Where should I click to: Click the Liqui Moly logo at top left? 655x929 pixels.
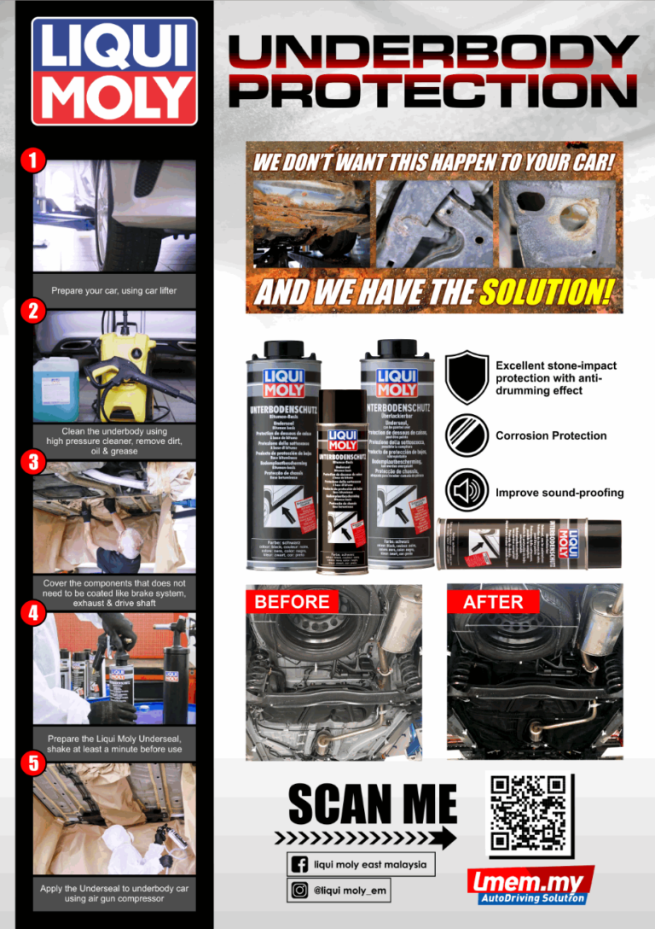pyautogui.click(x=114, y=71)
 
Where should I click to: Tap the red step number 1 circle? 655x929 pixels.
pyautogui.click(x=32, y=160)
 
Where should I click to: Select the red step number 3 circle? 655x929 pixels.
pyautogui.click(x=32, y=462)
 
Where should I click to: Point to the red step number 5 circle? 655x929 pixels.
pyautogui.click(x=32, y=763)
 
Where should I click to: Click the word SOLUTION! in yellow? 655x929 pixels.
pyautogui.click(x=546, y=293)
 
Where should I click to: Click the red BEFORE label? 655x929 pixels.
pyautogui.click(x=292, y=601)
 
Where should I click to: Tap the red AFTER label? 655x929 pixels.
pyautogui.click(x=493, y=601)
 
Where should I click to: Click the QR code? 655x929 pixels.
pyautogui.click(x=530, y=815)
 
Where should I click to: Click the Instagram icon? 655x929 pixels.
pyautogui.click(x=300, y=891)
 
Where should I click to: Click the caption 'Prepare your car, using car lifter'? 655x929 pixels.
pyautogui.click(x=114, y=291)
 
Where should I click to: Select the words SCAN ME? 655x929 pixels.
pyautogui.click(x=373, y=805)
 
